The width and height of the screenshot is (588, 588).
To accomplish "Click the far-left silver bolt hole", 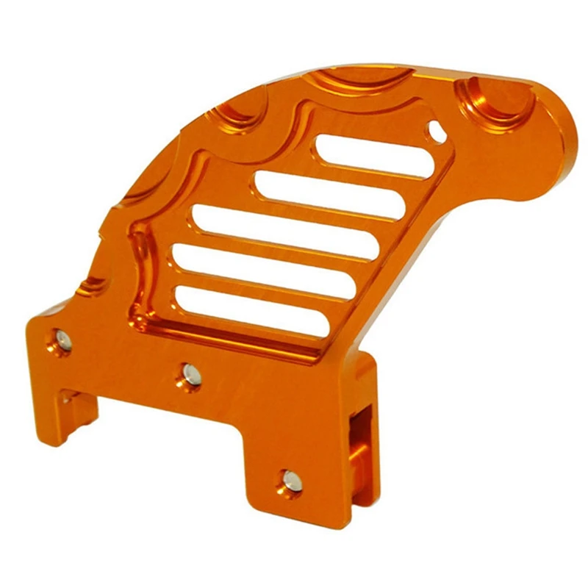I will point(62,339).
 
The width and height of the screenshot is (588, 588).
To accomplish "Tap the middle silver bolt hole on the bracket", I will point(190,375).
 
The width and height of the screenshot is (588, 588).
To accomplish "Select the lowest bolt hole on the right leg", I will point(289,481).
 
